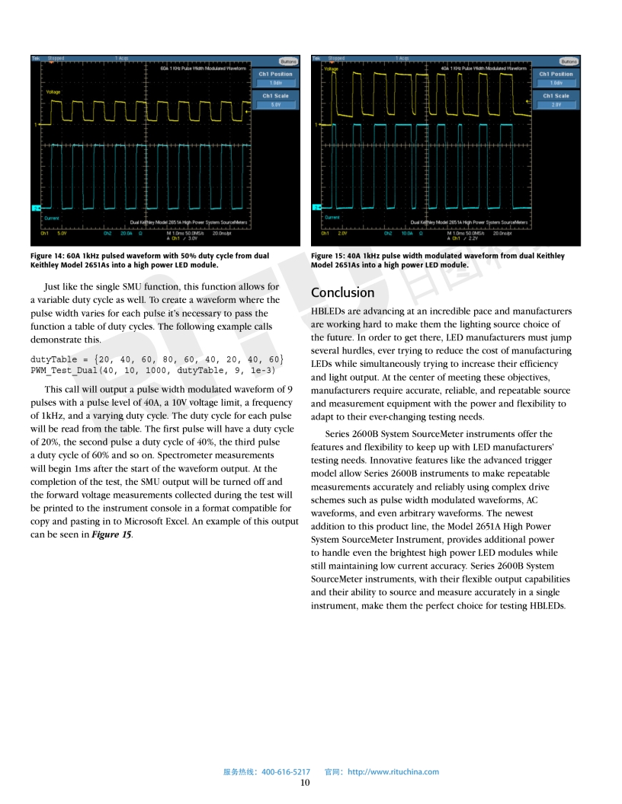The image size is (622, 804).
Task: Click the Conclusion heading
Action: pos(342,292)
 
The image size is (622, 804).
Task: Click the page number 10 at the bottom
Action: pos(305,782)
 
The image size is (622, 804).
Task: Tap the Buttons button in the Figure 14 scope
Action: pos(288,61)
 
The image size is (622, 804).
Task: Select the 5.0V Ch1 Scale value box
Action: pos(276,105)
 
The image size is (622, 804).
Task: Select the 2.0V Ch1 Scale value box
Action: pos(556,105)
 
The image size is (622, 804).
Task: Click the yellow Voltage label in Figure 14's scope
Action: pos(53,92)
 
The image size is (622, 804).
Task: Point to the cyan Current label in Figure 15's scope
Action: pos(332,217)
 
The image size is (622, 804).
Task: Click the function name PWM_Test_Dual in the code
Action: pos(66,370)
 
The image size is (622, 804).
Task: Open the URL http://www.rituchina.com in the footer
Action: pos(393,771)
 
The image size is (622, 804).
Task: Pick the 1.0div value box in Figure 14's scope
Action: pos(276,83)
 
